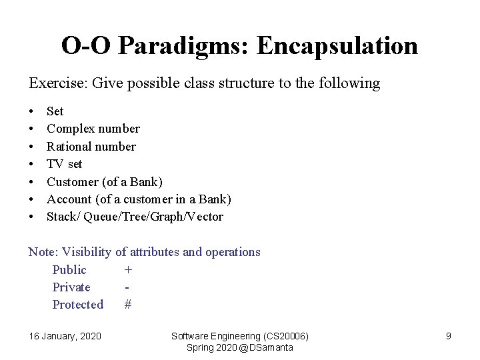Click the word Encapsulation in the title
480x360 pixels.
click(337, 46)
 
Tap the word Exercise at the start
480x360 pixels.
click(55, 83)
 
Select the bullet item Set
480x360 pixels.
click(55, 111)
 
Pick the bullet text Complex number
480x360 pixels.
click(93, 129)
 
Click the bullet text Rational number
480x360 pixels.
click(91, 147)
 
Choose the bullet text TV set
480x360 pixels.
click(65, 164)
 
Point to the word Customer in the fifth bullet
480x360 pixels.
click(73, 181)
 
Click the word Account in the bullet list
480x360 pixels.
click(69, 199)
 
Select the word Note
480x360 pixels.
click(42, 252)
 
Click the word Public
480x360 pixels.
click(69, 270)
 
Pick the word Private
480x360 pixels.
click(71, 287)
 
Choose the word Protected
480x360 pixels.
click(78, 305)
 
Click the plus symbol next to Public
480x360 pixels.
click(128, 270)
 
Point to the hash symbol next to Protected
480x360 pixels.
click(128, 305)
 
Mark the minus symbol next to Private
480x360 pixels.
click(127, 287)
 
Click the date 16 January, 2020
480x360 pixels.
click(65, 336)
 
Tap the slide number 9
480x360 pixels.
click(449, 336)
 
